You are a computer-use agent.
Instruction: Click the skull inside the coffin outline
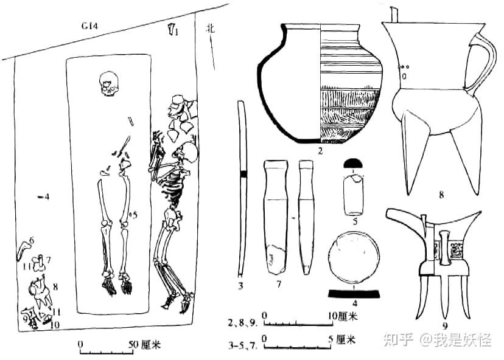[x=110, y=83]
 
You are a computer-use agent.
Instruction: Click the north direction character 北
[x=211, y=27]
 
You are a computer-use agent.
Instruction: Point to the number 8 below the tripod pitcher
[x=440, y=196]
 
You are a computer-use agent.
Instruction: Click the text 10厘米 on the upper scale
[x=342, y=316]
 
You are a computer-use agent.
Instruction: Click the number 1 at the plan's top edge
[x=177, y=32]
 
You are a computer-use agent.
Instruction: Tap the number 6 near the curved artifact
[x=32, y=241]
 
